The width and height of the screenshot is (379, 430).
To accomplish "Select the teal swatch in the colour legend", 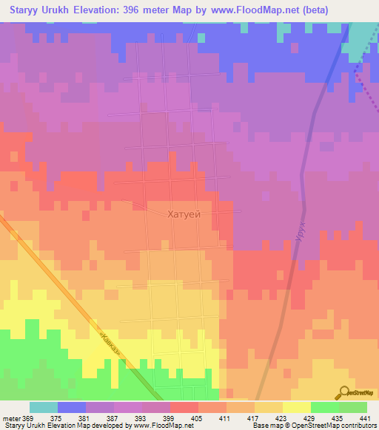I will [x=44, y=407].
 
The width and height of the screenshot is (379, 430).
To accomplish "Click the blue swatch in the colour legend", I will [x=72, y=407].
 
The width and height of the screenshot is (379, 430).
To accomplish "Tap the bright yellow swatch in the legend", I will [x=297, y=407].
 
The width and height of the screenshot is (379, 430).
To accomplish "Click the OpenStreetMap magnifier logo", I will [x=343, y=393].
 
